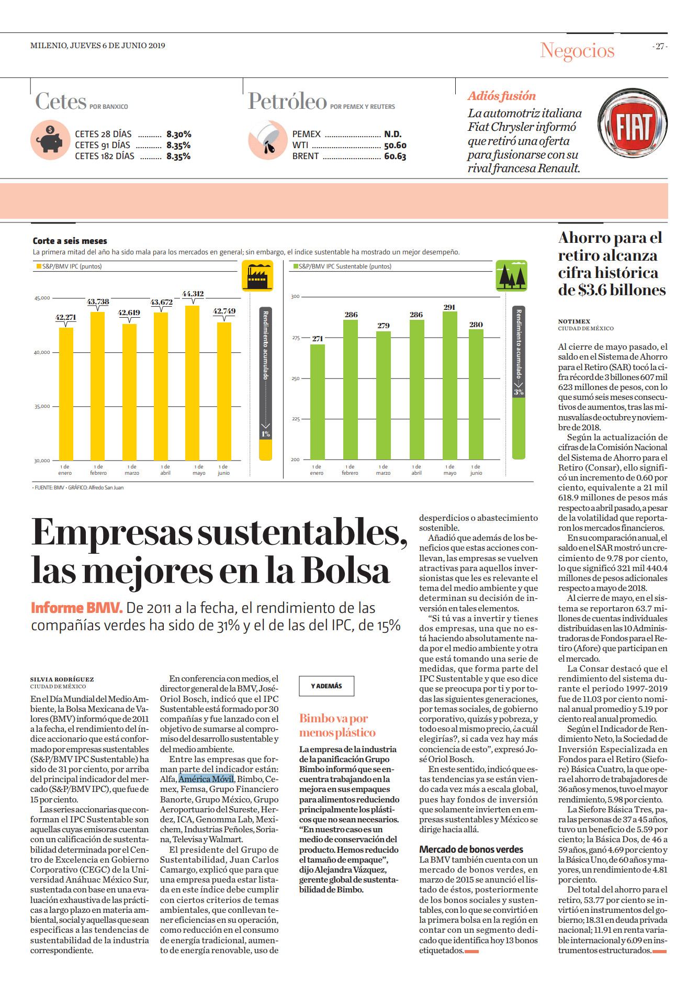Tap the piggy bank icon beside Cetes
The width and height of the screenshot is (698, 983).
click(50, 140)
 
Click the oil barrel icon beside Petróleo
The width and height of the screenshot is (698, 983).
click(267, 140)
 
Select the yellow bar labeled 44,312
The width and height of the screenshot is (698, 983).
click(193, 383)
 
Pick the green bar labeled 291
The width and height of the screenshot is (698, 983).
click(450, 386)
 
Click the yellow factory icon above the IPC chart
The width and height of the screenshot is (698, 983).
click(257, 275)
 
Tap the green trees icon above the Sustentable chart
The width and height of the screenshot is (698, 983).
click(511, 275)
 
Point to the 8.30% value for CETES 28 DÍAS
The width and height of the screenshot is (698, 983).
click(179, 134)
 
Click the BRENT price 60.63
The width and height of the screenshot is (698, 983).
click(395, 156)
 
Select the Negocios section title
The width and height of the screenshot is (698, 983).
click(577, 51)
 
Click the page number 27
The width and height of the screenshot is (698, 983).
click(660, 47)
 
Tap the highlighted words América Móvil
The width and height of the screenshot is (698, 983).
click(206, 779)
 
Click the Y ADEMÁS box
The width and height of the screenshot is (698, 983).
click(327, 686)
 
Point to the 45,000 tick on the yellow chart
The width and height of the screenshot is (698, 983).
click(42, 298)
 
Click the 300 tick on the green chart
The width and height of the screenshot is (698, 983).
click(295, 296)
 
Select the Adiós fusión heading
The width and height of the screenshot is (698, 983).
click(502, 96)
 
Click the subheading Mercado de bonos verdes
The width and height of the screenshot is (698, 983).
click(471, 849)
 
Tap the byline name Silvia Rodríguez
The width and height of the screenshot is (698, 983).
click(62, 679)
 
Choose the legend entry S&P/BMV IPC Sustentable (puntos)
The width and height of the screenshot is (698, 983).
click(345, 266)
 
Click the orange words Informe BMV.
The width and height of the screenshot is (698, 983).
click(76, 608)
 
